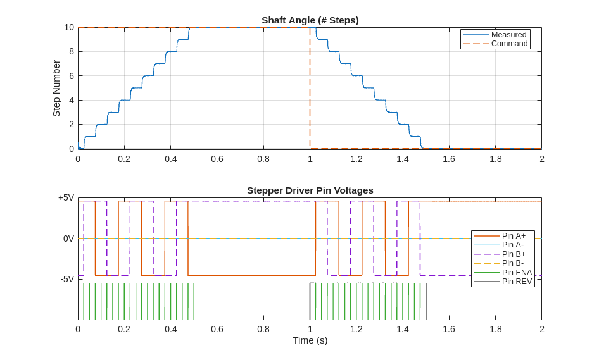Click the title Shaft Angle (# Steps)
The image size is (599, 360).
click(x=310, y=20)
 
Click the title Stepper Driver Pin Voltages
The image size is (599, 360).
click(x=310, y=190)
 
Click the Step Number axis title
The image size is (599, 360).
click(x=56, y=89)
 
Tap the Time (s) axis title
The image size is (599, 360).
click(x=310, y=340)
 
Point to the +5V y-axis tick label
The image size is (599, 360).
click(x=66, y=197)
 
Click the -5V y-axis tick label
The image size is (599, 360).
click(x=67, y=279)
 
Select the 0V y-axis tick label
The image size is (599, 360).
click(x=68, y=239)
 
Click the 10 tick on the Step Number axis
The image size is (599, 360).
click(x=69, y=27)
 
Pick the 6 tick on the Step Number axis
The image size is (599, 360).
click(x=72, y=76)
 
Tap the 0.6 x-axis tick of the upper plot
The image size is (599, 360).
click(x=217, y=159)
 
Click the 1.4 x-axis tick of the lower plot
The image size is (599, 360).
click(x=403, y=329)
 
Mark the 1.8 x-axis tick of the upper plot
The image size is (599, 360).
click(x=495, y=159)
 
